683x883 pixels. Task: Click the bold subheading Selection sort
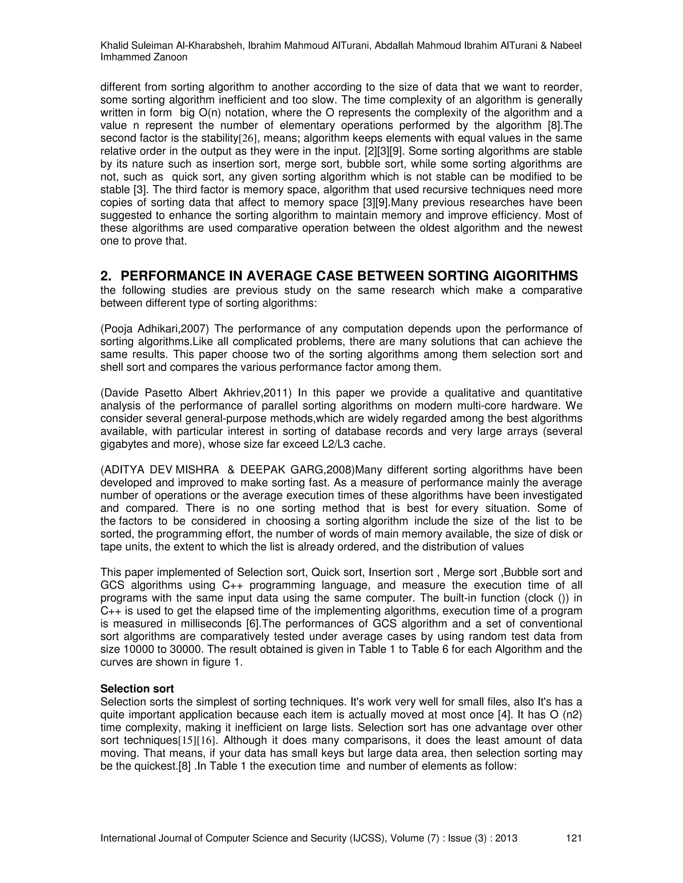(137, 688)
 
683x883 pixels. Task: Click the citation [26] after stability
(248, 139)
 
